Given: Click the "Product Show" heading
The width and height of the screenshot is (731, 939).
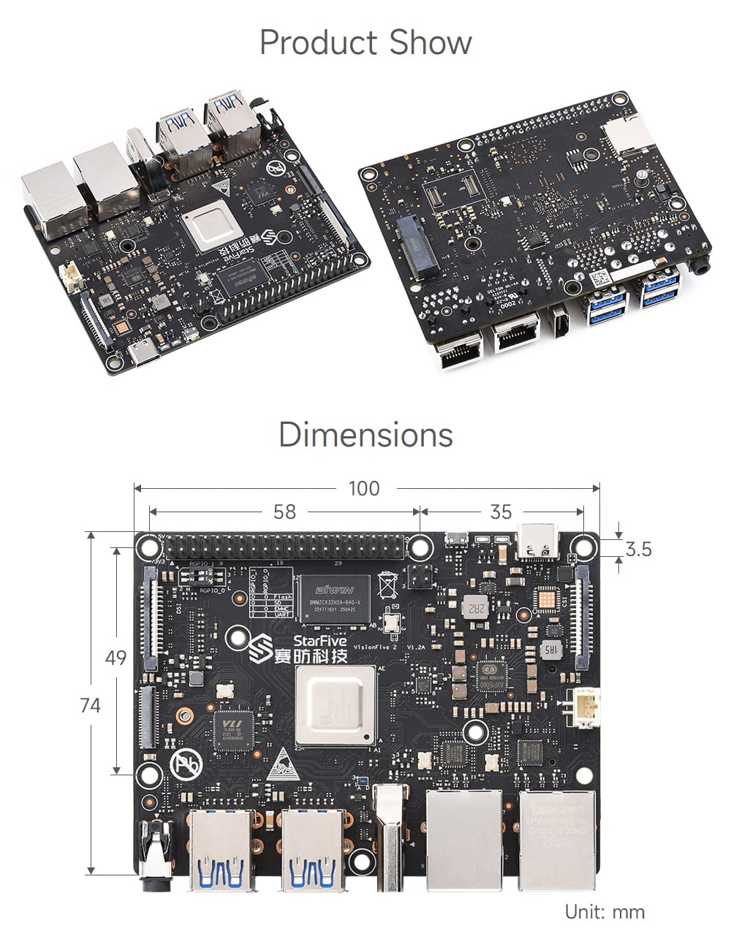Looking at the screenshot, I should [365, 42].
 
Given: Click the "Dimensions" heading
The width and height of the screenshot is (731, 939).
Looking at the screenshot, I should [365, 435].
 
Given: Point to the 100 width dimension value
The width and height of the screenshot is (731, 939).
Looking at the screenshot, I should [364, 488].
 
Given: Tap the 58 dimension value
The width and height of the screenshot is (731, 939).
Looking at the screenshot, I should [284, 512].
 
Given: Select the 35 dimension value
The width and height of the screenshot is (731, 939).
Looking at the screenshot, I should [501, 512].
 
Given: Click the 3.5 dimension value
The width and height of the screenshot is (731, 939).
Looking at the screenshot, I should [638, 549].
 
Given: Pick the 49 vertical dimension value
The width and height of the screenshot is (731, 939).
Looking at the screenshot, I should [115, 658].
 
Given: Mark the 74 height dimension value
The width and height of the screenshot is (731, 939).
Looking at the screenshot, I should [91, 705].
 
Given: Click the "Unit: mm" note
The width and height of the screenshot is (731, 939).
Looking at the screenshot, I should [605, 912].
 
